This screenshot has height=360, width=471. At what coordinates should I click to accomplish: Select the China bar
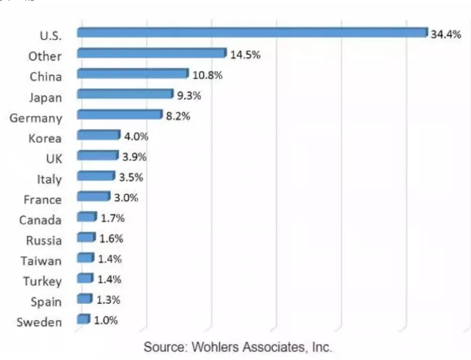[133, 74]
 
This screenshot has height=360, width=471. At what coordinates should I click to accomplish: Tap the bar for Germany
[119, 114]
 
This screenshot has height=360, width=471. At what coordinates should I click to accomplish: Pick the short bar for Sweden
[83, 319]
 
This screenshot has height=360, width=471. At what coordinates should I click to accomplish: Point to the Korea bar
[98, 135]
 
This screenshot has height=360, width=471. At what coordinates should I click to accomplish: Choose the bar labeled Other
[151, 53]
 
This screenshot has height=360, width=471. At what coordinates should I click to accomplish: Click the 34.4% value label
[445, 35]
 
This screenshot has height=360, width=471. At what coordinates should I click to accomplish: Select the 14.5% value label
[245, 55]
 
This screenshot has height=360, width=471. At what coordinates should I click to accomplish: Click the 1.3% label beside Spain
[108, 300]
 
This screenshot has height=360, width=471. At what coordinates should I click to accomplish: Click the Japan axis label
[45, 98]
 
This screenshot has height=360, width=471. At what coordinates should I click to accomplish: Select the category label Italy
[49, 180]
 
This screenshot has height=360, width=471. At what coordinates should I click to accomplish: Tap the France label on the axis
[43, 200]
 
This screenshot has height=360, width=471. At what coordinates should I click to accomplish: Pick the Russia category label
[44, 241]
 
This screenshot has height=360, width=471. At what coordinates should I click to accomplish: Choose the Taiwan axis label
[42, 261]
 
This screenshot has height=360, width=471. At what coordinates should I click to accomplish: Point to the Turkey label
[42, 281]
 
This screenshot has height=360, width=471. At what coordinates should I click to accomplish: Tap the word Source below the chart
[163, 347]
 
